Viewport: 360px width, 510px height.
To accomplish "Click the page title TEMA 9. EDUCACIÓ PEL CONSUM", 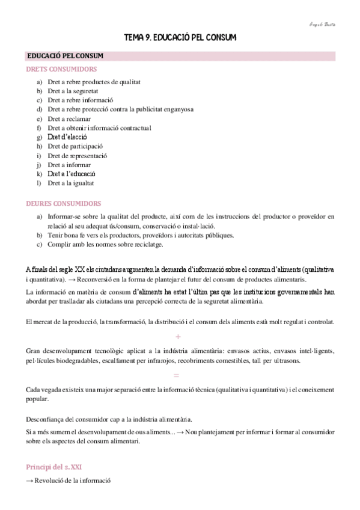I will (180, 37).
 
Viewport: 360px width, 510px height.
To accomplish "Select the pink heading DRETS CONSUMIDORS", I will (61, 69).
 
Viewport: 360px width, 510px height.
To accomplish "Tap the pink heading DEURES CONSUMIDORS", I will (64, 203).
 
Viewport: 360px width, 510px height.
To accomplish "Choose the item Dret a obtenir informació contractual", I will (99, 127).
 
